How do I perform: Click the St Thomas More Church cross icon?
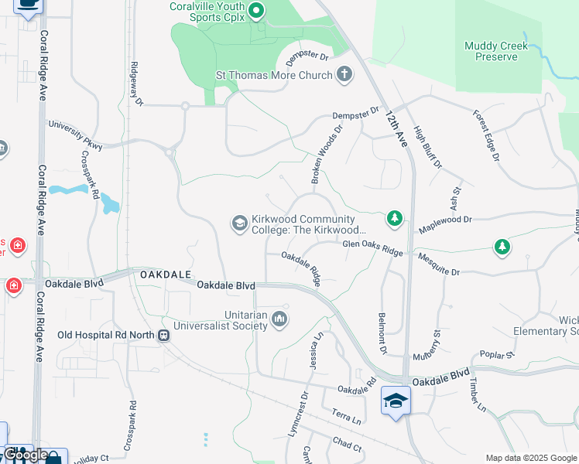(344, 75)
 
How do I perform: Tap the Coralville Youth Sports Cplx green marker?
(257, 12)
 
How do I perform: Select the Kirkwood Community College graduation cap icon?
(240, 223)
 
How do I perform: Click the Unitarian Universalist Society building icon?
(279, 319)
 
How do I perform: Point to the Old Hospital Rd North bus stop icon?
(163, 336)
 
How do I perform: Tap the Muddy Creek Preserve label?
(496, 51)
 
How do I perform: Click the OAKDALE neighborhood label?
(164, 275)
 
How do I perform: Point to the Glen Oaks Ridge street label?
(373, 247)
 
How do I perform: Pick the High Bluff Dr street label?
(427, 148)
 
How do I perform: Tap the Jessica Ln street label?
(315, 350)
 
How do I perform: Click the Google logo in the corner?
(26, 455)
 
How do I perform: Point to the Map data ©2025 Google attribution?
(530, 458)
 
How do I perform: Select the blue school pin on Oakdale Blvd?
(396, 401)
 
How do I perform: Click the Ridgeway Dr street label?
(137, 84)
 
